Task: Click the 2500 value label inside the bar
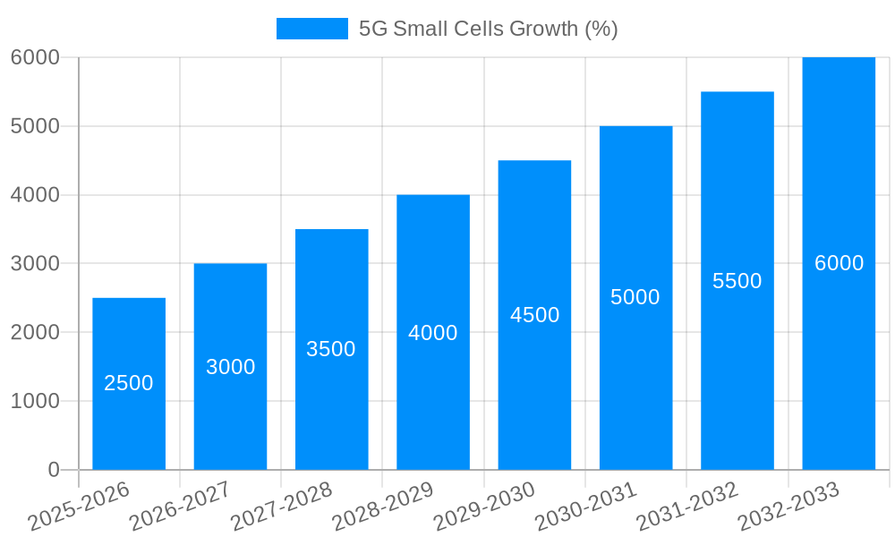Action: pyautogui.click(x=129, y=383)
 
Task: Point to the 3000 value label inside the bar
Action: pyautogui.click(x=231, y=367)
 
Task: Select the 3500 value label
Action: pyautogui.click(x=331, y=349)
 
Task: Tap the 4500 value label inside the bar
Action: pyautogui.click(x=535, y=315)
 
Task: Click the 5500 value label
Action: pyautogui.click(x=737, y=281)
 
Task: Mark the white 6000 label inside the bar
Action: pyautogui.click(x=839, y=263)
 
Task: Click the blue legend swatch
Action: pyautogui.click(x=311, y=29)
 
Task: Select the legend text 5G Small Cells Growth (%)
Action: pyautogui.click(x=488, y=29)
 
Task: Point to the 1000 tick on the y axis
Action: pyautogui.click(x=35, y=401)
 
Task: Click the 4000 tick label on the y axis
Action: pyautogui.click(x=35, y=195)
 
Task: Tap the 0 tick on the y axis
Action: pyautogui.click(x=53, y=470)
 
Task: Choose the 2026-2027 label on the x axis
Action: pyautogui.click(x=180, y=507)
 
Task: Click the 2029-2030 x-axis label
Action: pyautogui.click(x=484, y=507)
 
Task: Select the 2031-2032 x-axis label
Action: pyautogui.click(x=687, y=507)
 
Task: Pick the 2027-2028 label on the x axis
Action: pyautogui.click(x=281, y=507)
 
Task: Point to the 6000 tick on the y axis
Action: pyautogui.click(x=35, y=57)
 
